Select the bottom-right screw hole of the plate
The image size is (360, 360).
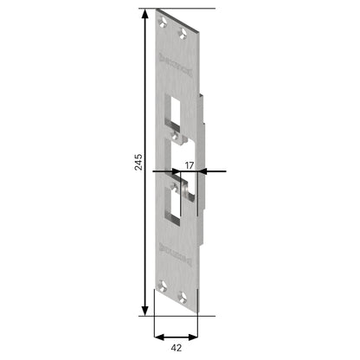tap(183, 296)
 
